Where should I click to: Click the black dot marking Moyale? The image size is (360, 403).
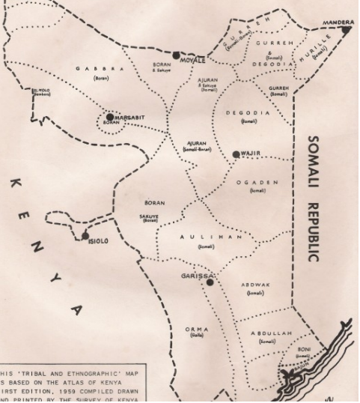pos(177,55)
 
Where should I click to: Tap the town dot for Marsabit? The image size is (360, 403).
pos(110,118)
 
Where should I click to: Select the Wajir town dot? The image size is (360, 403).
pos(237,154)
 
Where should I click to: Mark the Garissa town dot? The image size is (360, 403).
pos(210,282)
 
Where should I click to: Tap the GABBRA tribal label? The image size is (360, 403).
pos(100,68)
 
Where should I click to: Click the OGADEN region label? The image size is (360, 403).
pos(257,182)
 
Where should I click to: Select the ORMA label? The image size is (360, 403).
pos(197,329)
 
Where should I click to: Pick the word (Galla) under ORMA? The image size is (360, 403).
pos(197,336)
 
